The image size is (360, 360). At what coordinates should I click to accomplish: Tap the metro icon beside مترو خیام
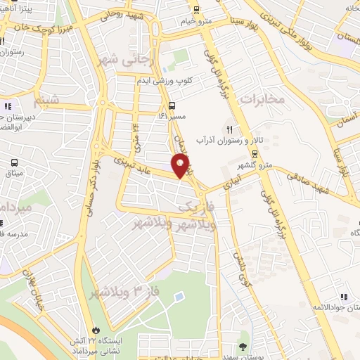pyautogui.click(x=195, y=11)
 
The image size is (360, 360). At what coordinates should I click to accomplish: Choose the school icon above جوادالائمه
pyautogui.click(x=344, y=297)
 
